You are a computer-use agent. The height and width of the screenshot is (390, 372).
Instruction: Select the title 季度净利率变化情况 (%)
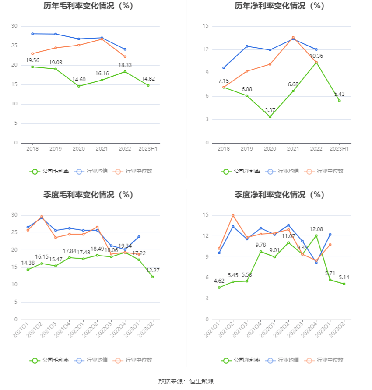(279, 195)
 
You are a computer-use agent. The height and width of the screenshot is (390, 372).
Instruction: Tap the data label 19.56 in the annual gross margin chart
(32, 60)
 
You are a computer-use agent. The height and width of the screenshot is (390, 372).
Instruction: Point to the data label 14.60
(79, 80)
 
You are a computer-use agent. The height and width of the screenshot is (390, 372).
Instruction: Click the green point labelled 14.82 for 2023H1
(148, 85)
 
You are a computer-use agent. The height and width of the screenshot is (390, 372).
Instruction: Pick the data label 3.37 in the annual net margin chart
(270, 110)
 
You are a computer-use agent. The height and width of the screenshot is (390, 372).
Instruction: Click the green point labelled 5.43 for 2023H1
(339, 101)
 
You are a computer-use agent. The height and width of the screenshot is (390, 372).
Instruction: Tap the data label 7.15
(224, 81)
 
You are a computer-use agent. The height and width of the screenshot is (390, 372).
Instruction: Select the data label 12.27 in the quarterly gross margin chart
(153, 271)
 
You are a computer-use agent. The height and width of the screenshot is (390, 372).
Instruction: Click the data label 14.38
(28, 263)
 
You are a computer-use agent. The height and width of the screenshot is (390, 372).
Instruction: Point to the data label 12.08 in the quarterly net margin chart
(316, 229)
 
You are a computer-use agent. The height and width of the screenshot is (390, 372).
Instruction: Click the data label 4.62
(219, 281)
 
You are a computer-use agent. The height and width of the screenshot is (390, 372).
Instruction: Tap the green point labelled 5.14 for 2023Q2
(344, 284)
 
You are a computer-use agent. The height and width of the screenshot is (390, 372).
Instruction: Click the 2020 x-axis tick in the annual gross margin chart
(79, 149)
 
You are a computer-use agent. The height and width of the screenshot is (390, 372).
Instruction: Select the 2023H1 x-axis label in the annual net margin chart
(339, 149)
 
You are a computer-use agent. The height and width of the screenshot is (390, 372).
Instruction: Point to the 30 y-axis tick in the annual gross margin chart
(14, 26)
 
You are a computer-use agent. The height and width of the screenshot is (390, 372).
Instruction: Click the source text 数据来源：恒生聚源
(186, 381)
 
